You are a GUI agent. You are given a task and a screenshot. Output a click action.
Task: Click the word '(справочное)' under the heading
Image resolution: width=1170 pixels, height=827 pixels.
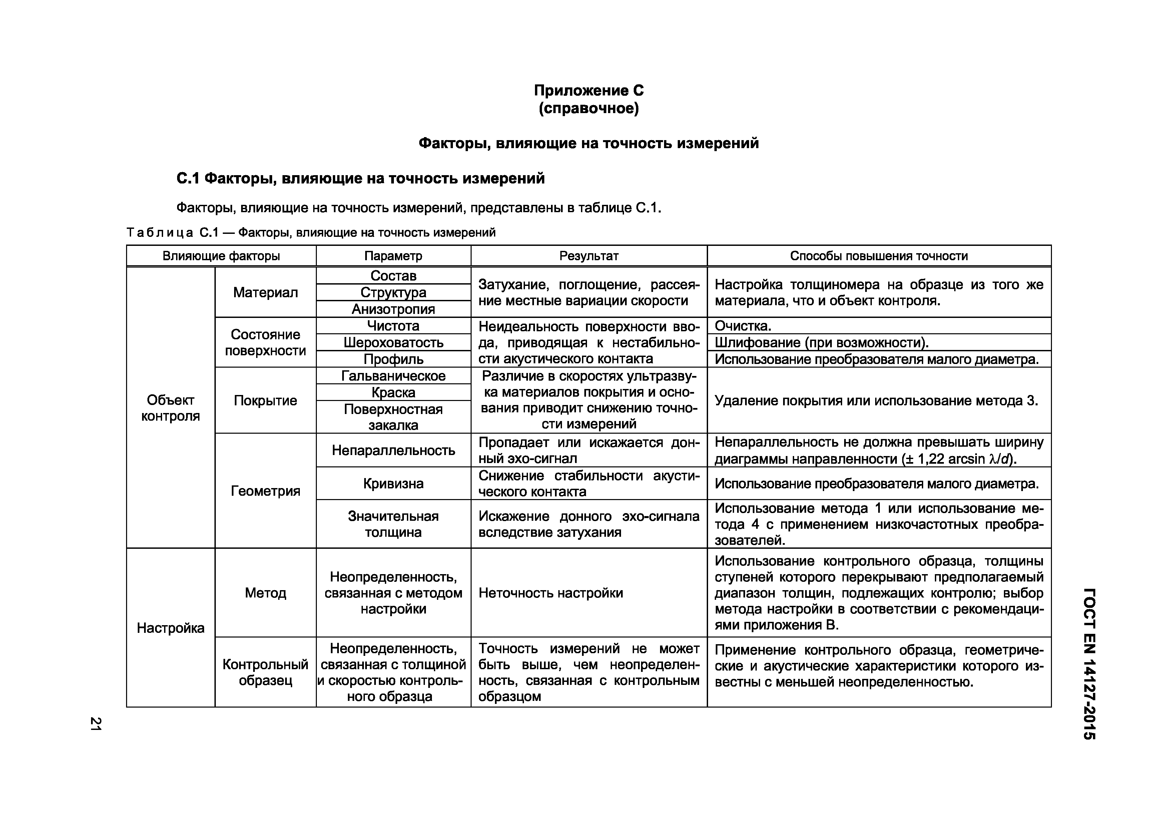coord(589,108)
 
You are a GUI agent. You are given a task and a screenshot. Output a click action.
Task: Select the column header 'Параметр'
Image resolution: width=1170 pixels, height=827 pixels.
coord(393,256)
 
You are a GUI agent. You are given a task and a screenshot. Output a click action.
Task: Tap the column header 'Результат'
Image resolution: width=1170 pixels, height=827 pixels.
coord(589,256)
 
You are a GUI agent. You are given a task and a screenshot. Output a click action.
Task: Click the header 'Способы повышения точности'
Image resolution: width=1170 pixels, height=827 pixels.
coord(879,256)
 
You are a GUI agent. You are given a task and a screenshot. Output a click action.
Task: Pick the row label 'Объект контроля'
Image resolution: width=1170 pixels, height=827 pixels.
coord(170,408)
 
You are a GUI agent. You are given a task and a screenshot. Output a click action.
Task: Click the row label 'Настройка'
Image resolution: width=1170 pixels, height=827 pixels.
coord(170,628)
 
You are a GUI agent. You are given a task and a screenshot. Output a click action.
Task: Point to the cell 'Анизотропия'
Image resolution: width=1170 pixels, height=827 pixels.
coord(393,309)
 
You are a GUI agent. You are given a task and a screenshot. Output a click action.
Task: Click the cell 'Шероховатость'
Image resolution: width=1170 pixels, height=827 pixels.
coord(393,342)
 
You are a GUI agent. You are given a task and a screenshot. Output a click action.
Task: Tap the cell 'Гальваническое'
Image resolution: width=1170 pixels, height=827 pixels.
coord(393,376)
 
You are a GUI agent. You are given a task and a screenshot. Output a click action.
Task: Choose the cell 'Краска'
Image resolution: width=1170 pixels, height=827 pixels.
coord(393,392)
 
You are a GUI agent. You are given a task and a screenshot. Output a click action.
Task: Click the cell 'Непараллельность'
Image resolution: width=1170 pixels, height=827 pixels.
coord(393,450)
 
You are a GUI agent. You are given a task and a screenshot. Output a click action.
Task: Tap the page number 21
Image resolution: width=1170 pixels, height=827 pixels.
coord(95,724)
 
